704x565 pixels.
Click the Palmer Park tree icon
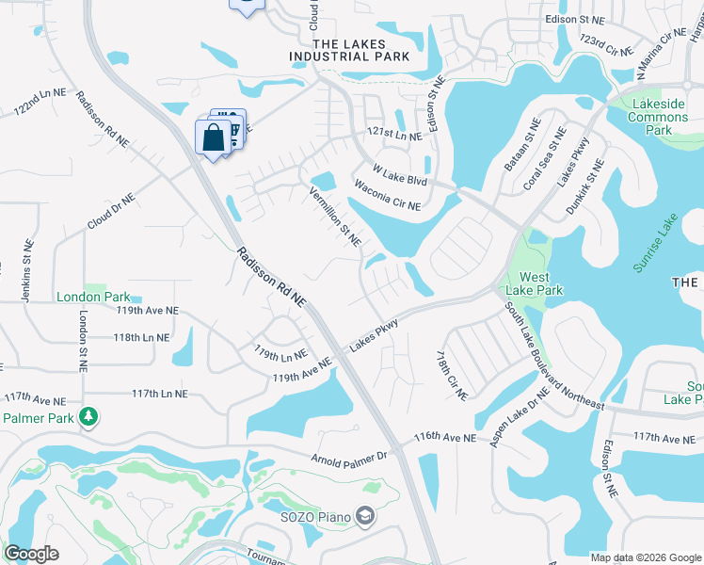(x=88, y=415)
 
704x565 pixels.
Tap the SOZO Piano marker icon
(x=365, y=516)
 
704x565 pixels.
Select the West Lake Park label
(x=534, y=283)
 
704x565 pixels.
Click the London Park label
(x=92, y=296)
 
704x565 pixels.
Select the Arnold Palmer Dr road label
(x=349, y=458)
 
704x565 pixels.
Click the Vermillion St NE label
(x=336, y=216)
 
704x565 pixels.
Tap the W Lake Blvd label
(x=399, y=175)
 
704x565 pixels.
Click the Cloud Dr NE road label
(x=111, y=213)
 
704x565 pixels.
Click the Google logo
(x=31, y=554)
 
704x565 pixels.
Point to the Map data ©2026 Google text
(x=645, y=557)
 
